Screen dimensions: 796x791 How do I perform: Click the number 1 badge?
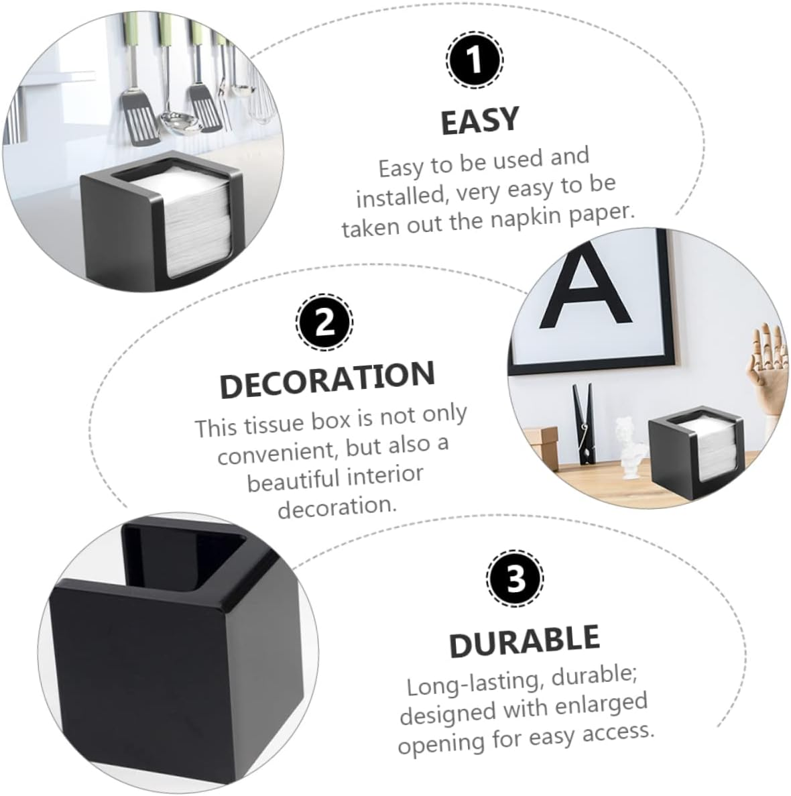[x=474, y=60]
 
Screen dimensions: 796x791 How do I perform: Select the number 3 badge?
[x=515, y=578]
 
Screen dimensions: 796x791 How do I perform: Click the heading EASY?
[x=480, y=121]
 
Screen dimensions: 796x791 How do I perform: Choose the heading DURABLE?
[x=524, y=641]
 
